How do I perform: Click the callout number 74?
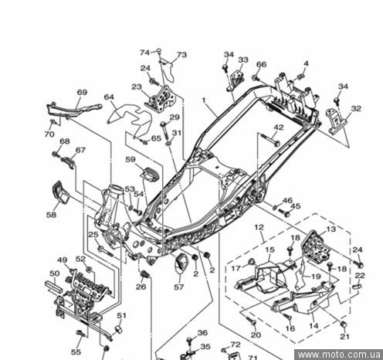(144, 53)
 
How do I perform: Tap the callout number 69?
(82, 92)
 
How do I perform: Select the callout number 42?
(279, 127)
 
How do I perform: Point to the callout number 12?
(259, 227)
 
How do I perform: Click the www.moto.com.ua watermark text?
(339, 355)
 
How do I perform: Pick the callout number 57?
(179, 287)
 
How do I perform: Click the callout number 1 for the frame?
(204, 100)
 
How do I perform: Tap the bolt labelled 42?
(270, 140)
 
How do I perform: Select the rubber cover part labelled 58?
(60, 192)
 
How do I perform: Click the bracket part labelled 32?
(337, 121)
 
